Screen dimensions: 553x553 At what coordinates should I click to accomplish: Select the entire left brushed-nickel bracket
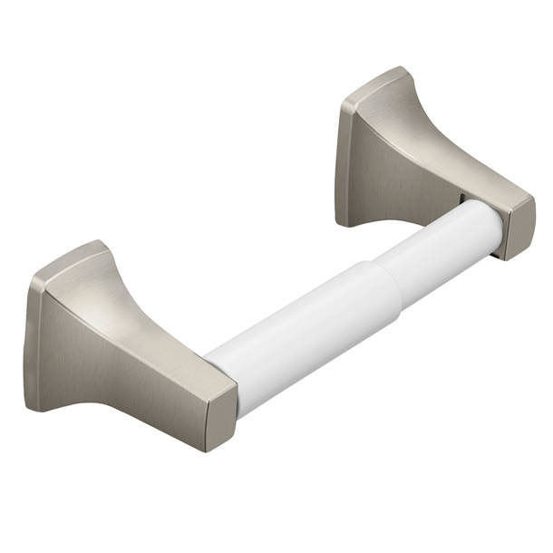tap(127, 349)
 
